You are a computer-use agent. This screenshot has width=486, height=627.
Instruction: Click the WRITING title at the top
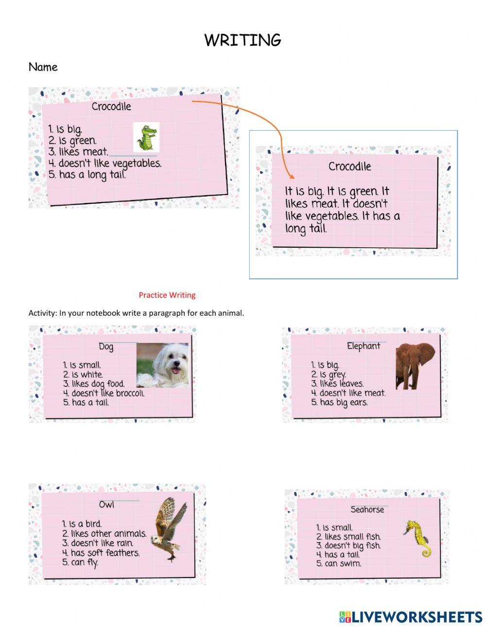click(243, 40)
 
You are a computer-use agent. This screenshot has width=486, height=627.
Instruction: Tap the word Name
click(43, 67)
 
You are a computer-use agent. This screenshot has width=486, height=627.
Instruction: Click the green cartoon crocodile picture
click(146, 137)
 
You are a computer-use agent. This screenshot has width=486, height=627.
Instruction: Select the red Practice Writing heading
click(167, 295)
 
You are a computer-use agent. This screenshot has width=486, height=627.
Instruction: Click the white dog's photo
click(162, 365)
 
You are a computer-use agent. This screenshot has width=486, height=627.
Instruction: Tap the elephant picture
click(415, 366)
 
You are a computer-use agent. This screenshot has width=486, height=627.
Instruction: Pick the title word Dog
click(106, 347)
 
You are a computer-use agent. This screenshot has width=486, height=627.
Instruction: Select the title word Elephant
click(364, 346)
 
